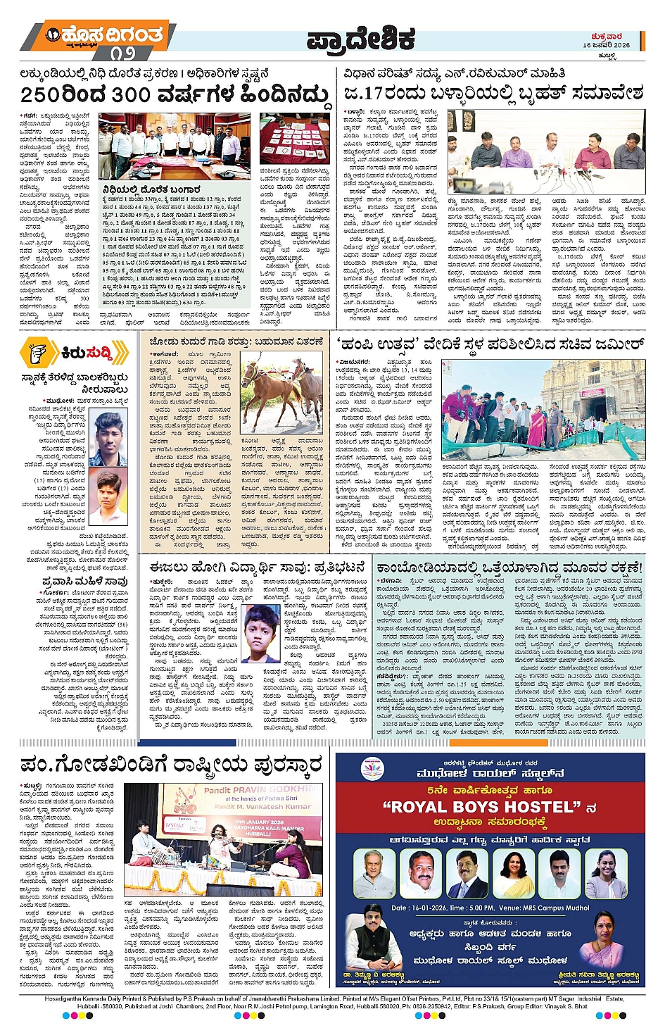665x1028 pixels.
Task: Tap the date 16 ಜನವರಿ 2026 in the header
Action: pos(606,45)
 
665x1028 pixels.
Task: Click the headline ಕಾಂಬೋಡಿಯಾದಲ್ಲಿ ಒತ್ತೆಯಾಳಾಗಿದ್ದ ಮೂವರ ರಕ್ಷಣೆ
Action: pos(509,567)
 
